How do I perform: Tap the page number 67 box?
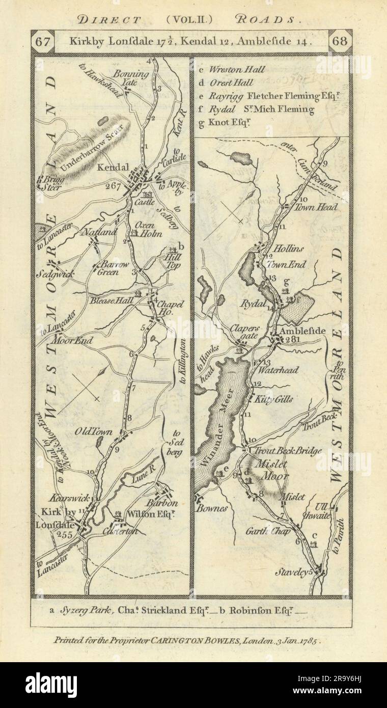pyautogui.click(x=41, y=41)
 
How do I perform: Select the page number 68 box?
pyautogui.click(x=340, y=41)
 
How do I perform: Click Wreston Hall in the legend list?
pyautogui.click(x=239, y=70)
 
